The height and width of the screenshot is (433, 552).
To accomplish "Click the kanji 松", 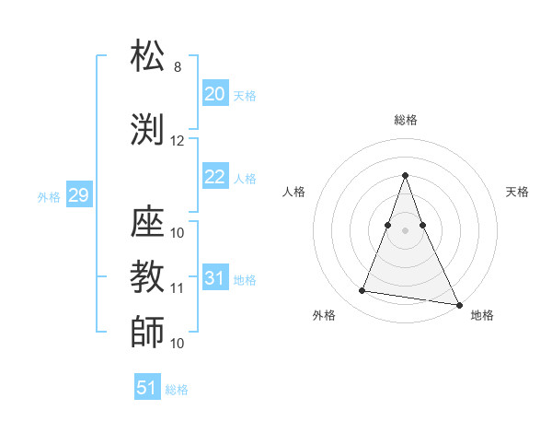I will (148, 57).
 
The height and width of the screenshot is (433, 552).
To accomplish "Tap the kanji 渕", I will (148, 129).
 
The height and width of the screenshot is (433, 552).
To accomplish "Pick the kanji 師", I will (148, 331).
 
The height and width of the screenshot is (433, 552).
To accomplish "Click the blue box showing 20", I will (215, 94).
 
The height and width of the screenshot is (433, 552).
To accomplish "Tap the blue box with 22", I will (215, 178).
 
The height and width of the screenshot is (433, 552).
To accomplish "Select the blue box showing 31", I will (215, 278).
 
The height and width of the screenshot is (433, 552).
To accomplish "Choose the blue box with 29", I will (78, 195).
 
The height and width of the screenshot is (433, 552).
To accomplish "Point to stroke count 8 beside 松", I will (178, 67).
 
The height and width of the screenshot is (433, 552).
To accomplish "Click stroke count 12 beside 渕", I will (178, 140).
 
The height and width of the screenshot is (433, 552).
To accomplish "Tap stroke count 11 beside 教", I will (178, 287).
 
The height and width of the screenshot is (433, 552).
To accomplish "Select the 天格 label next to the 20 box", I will (245, 95).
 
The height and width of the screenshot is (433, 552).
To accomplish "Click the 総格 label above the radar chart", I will (405, 120).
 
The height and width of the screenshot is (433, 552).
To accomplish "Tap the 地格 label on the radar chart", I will (482, 315).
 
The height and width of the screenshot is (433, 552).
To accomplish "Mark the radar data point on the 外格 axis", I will (362, 291).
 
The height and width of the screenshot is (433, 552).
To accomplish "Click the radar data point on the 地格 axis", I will (459, 304).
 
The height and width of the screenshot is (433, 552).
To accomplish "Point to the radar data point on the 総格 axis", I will (405, 175).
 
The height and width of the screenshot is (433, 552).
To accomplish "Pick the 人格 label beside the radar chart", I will (294, 192).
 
